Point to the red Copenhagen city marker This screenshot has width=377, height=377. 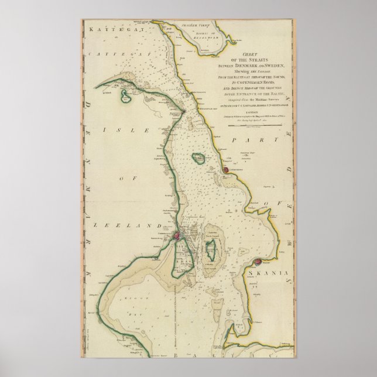174,236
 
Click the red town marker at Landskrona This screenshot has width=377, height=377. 225,170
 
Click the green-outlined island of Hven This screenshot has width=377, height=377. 199,158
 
